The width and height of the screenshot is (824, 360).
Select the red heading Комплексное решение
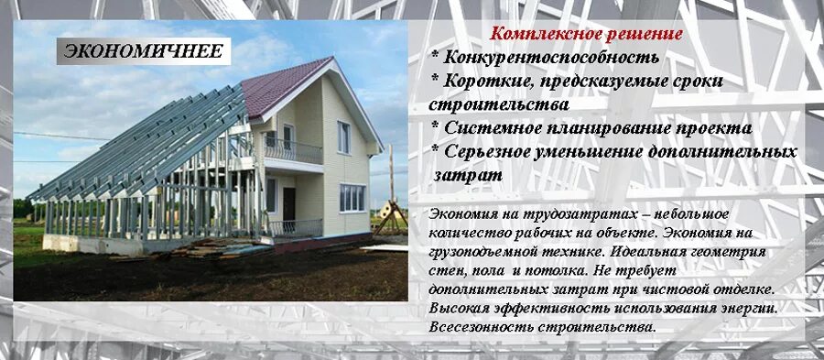pyautogui.click(x=587, y=35)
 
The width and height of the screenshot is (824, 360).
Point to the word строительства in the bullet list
pyautogui.click(x=499, y=104)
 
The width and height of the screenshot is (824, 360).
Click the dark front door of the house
pyautogui.click(x=289, y=203)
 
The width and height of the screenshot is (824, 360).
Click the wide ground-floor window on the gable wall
pyautogui.click(x=352, y=196)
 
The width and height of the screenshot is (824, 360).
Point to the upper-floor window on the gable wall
pyautogui.click(x=343, y=136)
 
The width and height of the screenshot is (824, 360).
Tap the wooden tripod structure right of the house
pyautogui.click(x=391, y=215)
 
